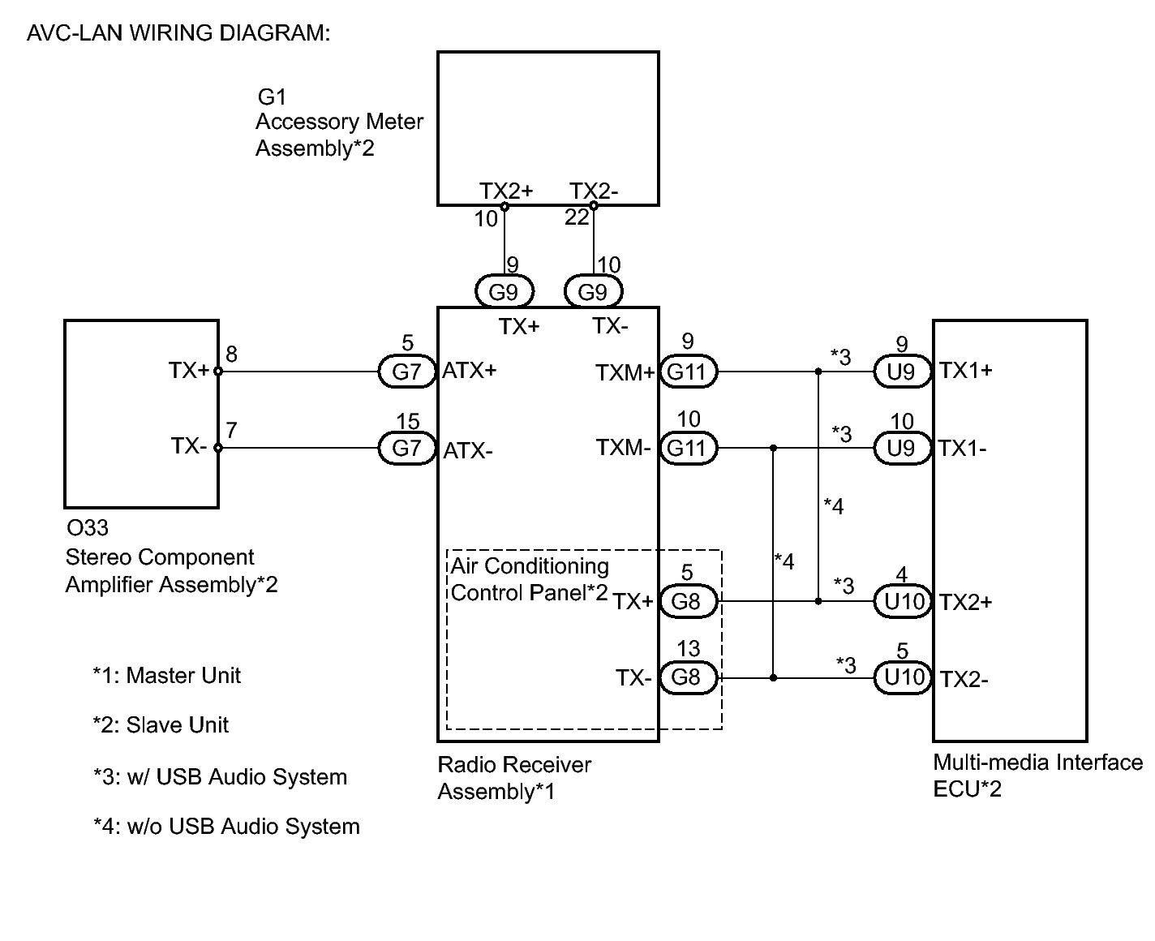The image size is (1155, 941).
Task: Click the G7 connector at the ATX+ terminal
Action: click(406, 372)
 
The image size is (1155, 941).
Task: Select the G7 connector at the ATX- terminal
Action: click(406, 448)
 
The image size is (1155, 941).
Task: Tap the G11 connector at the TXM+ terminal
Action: click(688, 372)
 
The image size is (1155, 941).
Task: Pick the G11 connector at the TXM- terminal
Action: click(688, 448)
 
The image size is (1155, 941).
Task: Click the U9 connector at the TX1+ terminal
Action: click(902, 372)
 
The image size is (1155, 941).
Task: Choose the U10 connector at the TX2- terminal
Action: click(902, 677)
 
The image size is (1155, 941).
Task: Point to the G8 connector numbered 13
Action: click(688, 677)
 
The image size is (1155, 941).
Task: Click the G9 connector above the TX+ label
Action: click(505, 292)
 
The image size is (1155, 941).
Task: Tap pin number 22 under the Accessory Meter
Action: click(577, 217)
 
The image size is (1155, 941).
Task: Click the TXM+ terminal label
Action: click(625, 372)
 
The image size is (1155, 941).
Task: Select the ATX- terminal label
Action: click(468, 451)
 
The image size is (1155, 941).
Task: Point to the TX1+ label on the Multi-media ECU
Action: click(965, 371)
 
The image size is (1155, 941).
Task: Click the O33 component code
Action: click(88, 527)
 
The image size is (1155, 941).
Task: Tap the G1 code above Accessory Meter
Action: click(272, 97)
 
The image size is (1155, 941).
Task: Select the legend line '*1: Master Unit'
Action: click(167, 675)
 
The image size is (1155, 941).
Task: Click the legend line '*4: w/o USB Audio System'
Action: click(226, 826)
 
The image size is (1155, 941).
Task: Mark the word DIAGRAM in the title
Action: click(274, 33)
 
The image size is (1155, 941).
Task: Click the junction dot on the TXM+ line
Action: click(818, 372)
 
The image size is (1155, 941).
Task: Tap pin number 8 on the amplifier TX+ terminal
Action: click(231, 354)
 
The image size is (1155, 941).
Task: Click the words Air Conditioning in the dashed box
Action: click(530, 566)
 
